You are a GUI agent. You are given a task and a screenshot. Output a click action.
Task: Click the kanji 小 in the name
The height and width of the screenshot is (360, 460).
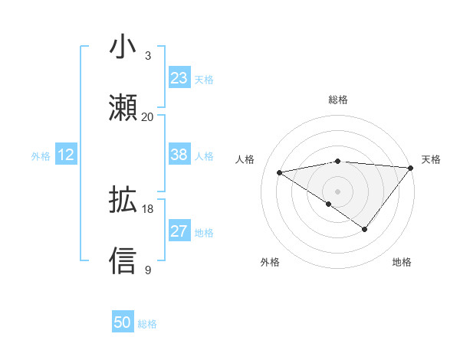click(x=123, y=47)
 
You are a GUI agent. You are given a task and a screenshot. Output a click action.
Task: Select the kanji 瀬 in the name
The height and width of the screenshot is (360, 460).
click(x=123, y=108)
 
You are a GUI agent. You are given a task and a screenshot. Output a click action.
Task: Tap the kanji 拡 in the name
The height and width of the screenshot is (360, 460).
click(x=123, y=200)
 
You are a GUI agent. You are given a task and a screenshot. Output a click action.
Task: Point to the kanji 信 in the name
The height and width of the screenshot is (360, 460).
click(x=123, y=261)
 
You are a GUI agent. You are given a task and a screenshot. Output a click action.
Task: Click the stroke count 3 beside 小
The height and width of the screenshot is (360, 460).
click(x=147, y=56)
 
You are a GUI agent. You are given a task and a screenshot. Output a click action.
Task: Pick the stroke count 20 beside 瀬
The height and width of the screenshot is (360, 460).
click(x=147, y=117)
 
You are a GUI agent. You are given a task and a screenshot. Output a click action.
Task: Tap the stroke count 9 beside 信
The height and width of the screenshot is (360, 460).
click(x=147, y=270)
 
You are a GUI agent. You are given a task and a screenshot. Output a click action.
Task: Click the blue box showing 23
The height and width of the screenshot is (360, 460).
click(x=179, y=78)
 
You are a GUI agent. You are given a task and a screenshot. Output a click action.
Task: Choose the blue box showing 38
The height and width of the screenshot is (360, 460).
click(x=179, y=155)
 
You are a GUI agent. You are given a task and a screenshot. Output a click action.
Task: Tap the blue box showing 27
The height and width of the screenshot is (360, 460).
click(x=179, y=231)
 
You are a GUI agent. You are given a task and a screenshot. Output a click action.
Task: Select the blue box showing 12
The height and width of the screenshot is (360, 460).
click(x=66, y=155)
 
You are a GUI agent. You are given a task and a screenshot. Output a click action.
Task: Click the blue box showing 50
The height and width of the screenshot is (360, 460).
click(x=123, y=322)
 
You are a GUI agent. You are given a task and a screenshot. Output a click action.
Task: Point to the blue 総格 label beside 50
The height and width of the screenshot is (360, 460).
click(x=147, y=324)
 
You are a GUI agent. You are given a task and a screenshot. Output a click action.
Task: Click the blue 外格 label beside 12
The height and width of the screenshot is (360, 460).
click(x=41, y=156)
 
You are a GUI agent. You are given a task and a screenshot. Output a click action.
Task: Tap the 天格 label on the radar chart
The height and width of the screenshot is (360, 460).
click(x=432, y=159)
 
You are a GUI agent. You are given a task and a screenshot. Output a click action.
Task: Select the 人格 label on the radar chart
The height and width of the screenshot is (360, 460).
click(x=245, y=159)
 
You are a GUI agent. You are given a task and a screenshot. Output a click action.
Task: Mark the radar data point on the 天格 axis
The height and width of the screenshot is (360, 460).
click(x=411, y=168)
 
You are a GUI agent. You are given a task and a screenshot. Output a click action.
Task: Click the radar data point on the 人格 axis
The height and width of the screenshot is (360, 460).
click(x=280, y=172)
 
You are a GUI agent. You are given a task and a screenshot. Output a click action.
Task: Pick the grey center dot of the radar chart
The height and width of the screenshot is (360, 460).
click(x=337, y=191)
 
